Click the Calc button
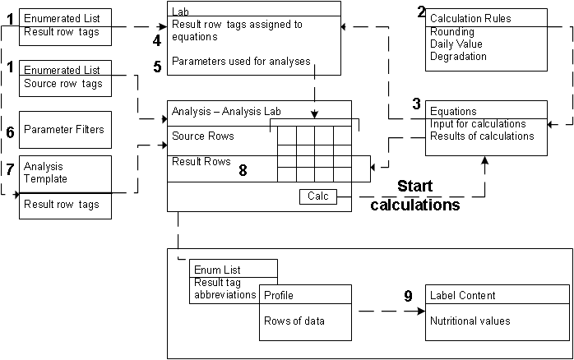(317, 196)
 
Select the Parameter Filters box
(64, 131)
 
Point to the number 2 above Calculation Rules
(422, 12)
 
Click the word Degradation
(457, 57)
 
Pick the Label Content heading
(463, 296)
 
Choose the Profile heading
(279, 295)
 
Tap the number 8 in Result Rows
(243, 170)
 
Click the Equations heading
(453, 112)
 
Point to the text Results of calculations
(481, 136)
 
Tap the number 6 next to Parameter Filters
(10, 131)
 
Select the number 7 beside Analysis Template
(10, 169)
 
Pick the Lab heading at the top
(178, 9)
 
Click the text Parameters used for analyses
(241, 62)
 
